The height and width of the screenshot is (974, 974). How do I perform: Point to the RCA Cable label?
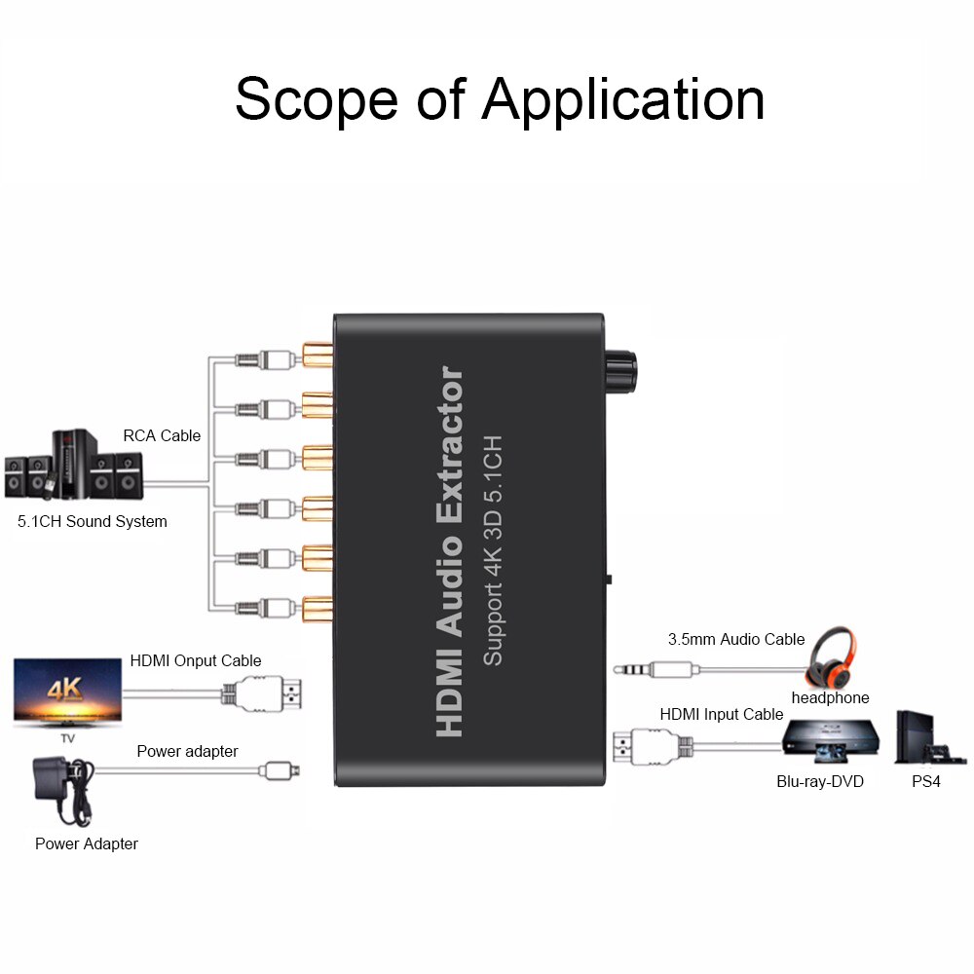[x=162, y=435]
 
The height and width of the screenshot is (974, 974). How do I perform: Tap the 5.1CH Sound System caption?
[x=93, y=521]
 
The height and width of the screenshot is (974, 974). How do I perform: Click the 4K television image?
[x=67, y=692]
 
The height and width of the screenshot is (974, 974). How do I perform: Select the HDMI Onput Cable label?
[x=196, y=660]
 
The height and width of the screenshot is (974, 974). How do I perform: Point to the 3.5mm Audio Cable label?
[x=736, y=639]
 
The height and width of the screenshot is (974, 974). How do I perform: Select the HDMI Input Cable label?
[x=722, y=714]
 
